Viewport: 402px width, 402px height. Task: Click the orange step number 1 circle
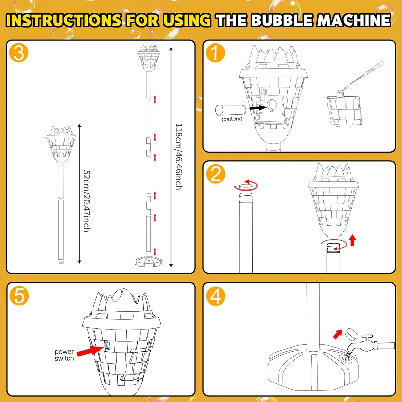tap(215, 53)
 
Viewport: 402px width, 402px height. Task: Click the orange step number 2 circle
tap(215, 174)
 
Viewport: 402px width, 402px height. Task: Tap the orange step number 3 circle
tap(19, 53)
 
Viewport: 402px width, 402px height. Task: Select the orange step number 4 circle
tap(215, 296)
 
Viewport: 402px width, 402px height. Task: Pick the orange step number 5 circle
tap(19, 296)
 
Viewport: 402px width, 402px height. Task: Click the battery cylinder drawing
tap(230, 110)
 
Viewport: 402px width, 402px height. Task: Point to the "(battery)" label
tap(232, 119)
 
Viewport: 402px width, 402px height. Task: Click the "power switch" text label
tap(64, 355)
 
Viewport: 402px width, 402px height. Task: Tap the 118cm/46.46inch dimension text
tap(179, 156)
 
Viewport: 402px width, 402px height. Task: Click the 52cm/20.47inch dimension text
tap(87, 201)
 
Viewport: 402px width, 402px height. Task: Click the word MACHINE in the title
tap(354, 20)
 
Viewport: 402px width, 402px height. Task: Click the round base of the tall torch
tap(148, 261)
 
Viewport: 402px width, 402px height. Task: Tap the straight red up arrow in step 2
tap(352, 240)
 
